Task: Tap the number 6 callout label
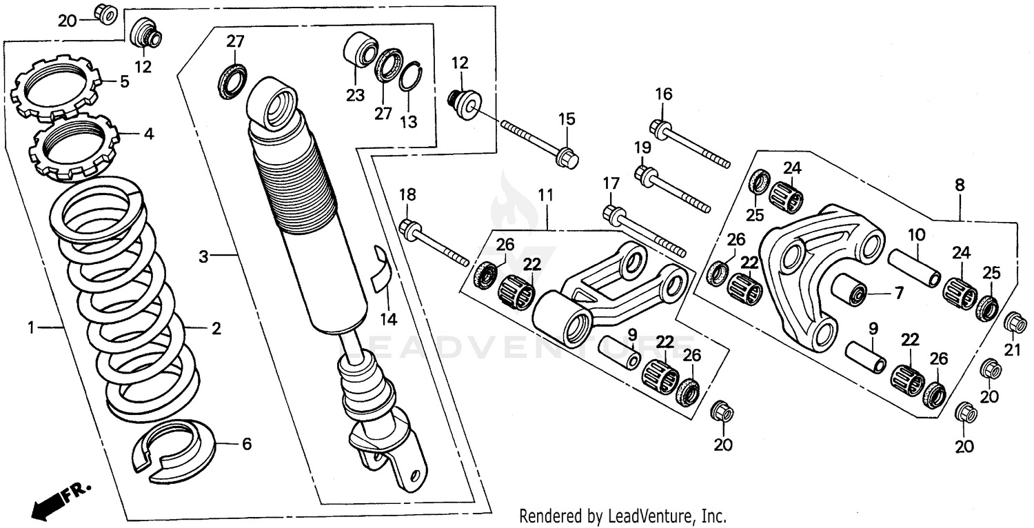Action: (x=246, y=444)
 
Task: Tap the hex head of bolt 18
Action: (x=408, y=228)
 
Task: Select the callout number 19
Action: (x=642, y=147)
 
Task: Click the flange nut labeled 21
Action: (x=1013, y=322)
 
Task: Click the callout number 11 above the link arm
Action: (x=545, y=195)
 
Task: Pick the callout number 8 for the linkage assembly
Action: (x=960, y=185)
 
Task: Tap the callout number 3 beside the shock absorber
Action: (x=203, y=257)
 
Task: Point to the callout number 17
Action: (x=611, y=183)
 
